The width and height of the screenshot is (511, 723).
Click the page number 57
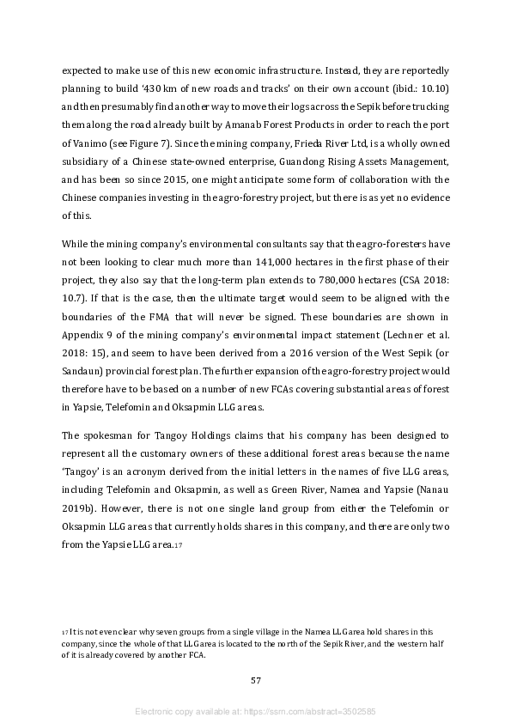255,681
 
